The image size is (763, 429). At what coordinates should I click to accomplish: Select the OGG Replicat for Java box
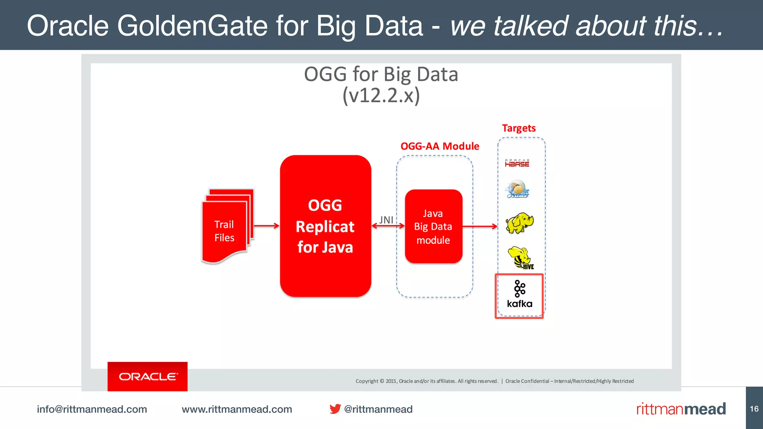click(325, 226)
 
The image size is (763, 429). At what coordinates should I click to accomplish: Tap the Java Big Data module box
click(433, 226)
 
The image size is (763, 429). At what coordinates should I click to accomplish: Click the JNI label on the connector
click(386, 220)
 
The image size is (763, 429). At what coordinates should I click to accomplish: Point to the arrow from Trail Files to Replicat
click(266, 226)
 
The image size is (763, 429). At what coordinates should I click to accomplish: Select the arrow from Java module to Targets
click(480, 226)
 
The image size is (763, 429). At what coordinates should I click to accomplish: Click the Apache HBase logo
click(517, 163)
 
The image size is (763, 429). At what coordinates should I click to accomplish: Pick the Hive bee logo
click(520, 258)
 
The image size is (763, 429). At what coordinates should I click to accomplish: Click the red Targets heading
click(519, 128)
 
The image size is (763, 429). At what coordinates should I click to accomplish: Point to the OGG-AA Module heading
click(440, 146)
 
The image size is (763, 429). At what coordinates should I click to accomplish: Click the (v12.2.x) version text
click(381, 95)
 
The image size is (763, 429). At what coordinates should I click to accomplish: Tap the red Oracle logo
click(148, 376)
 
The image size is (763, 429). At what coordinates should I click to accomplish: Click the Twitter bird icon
click(335, 409)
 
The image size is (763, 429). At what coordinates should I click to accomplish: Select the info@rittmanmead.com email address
click(92, 409)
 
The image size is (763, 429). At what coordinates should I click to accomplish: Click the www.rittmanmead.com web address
click(237, 409)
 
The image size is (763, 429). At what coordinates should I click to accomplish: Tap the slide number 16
click(754, 409)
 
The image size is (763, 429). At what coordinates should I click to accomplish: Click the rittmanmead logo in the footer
click(681, 409)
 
